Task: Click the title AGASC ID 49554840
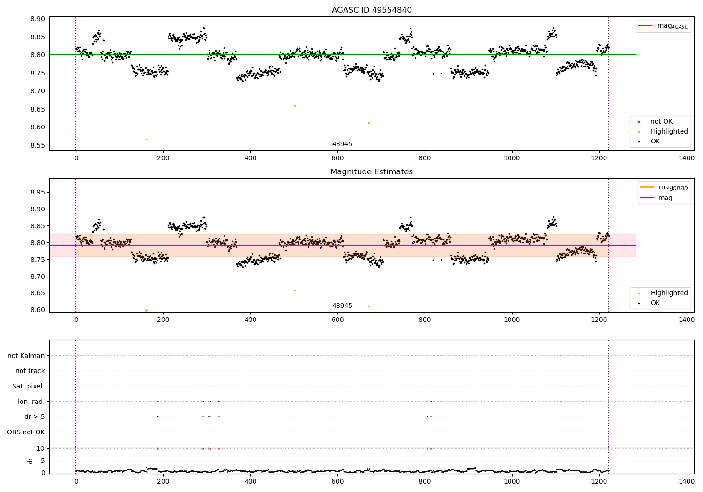coord(371,10)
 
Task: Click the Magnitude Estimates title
coord(371,172)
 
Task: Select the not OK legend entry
coord(661,122)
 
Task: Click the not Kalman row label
coord(26,356)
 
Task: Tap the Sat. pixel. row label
coord(28,386)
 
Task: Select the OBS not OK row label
coord(26,432)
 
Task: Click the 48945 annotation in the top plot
coord(342,144)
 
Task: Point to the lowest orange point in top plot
coord(146,139)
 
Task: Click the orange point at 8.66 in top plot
coord(295,106)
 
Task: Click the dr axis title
coord(30,461)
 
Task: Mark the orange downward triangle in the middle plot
coord(146,310)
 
